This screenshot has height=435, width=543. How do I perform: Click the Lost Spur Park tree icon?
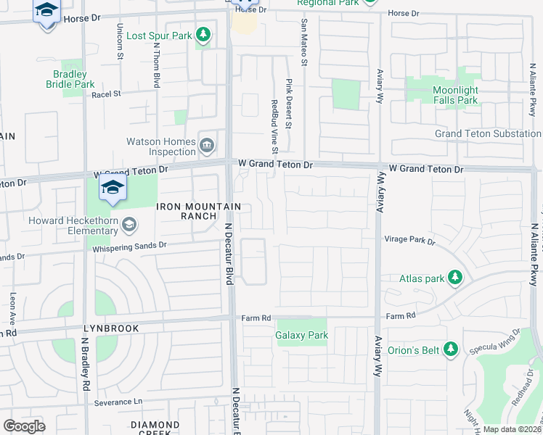205,36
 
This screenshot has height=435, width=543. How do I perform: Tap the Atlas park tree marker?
454,278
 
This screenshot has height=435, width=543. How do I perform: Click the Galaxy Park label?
301,335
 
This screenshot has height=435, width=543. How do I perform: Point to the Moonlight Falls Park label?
456,95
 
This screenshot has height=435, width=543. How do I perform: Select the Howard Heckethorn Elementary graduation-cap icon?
128,225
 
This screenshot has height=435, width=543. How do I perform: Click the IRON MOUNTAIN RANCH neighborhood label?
198,211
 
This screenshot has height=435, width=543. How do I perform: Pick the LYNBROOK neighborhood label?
110,328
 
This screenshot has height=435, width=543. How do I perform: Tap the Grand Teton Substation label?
487,134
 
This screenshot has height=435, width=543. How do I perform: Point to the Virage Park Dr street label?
409,240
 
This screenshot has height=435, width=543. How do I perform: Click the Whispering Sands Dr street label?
129,246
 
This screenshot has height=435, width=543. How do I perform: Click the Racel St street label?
106,94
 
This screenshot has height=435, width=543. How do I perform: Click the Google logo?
25,426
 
